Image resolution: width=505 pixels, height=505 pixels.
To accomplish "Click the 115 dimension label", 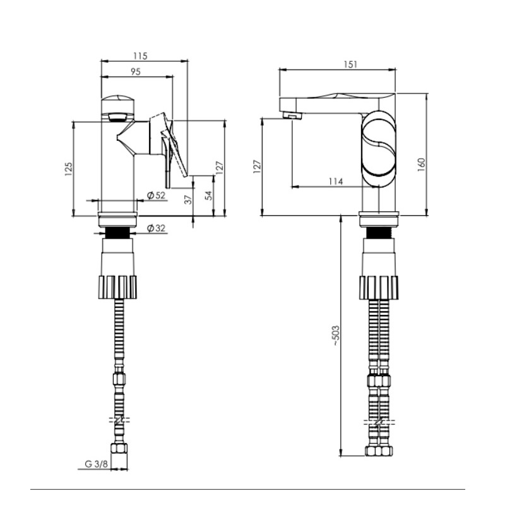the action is [x=140, y=56].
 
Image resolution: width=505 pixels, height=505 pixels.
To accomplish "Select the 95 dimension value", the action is [x=136, y=71].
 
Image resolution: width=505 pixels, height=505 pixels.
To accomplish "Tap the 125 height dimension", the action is [x=69, y=169].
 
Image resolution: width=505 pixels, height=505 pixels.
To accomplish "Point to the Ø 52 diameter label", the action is [x=156, y=195].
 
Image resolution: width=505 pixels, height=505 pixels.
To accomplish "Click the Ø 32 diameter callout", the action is [x=156, y=229].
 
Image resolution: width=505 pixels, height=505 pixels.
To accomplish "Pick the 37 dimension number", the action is [x=188, y=199].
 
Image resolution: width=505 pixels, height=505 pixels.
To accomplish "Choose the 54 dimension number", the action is [x=209, y=196].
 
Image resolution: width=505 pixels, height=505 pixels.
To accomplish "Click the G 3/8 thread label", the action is [x=96, y=464].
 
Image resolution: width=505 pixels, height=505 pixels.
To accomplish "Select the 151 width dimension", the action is [x=350, y=64].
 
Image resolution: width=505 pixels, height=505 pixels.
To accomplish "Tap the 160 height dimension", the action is [x=421, y=165].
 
